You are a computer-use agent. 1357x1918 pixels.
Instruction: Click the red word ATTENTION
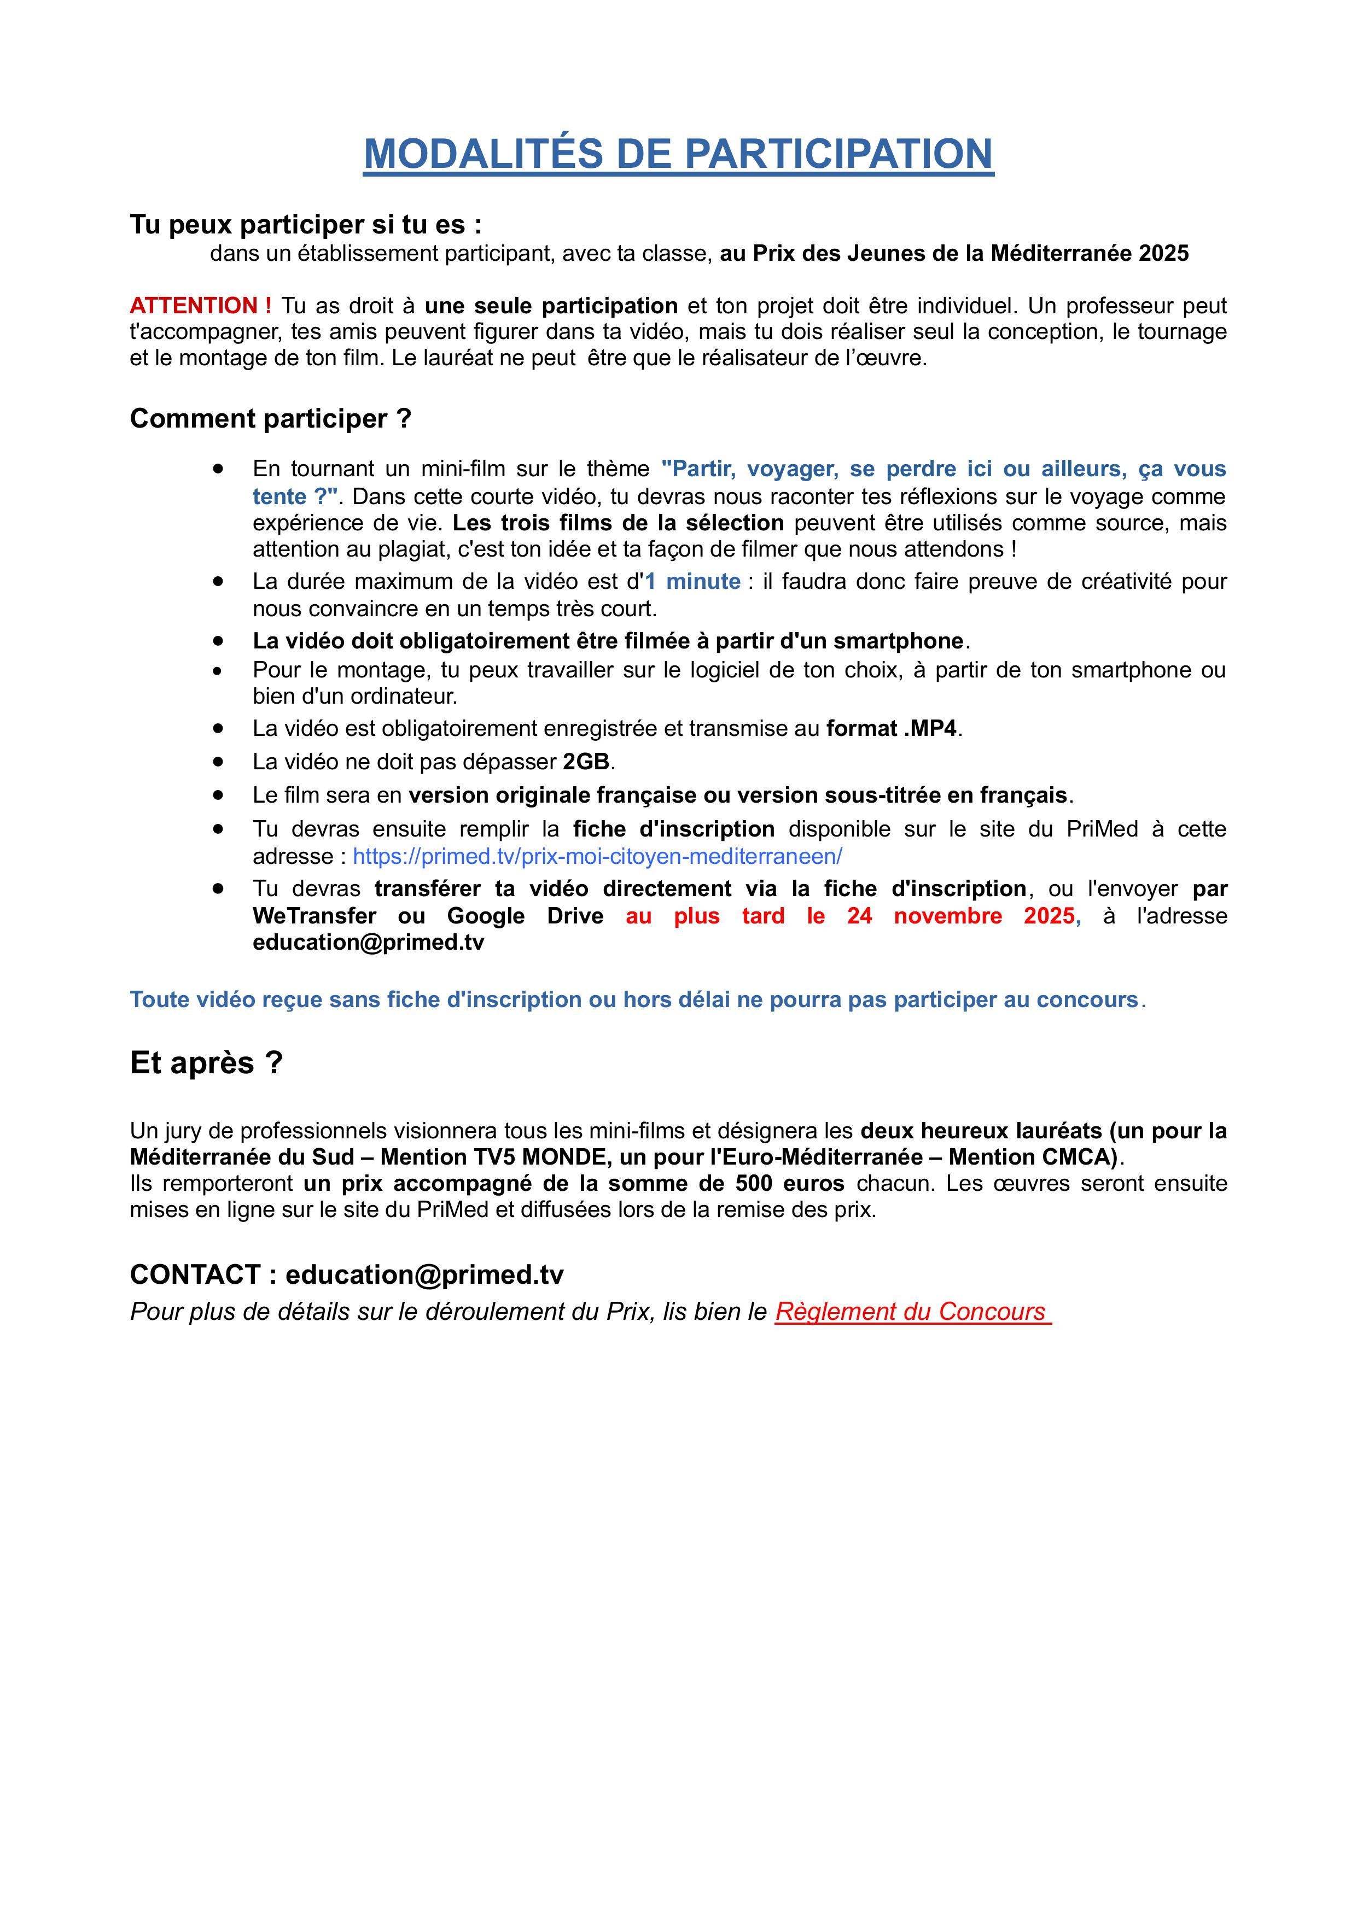(194, 306)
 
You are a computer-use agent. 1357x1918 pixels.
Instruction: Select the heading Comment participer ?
(271, 418)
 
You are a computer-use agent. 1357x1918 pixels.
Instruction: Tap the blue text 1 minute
(692, 581)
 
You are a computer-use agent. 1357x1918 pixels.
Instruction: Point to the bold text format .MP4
(892, 728)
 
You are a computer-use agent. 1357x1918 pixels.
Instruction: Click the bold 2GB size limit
(586, 762)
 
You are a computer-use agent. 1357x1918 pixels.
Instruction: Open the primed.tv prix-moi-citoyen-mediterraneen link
(597, 856)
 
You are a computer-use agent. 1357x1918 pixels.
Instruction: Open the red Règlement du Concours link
(911, 1312)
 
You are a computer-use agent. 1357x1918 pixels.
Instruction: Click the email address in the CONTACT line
(424, 1275)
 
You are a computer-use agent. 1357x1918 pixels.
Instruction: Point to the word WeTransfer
(314, 916)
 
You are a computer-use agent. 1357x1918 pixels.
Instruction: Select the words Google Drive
(525, 916)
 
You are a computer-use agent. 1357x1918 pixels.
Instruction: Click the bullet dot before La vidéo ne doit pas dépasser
(218, 762)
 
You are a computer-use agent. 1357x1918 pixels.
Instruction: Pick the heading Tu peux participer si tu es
(306, 225)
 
